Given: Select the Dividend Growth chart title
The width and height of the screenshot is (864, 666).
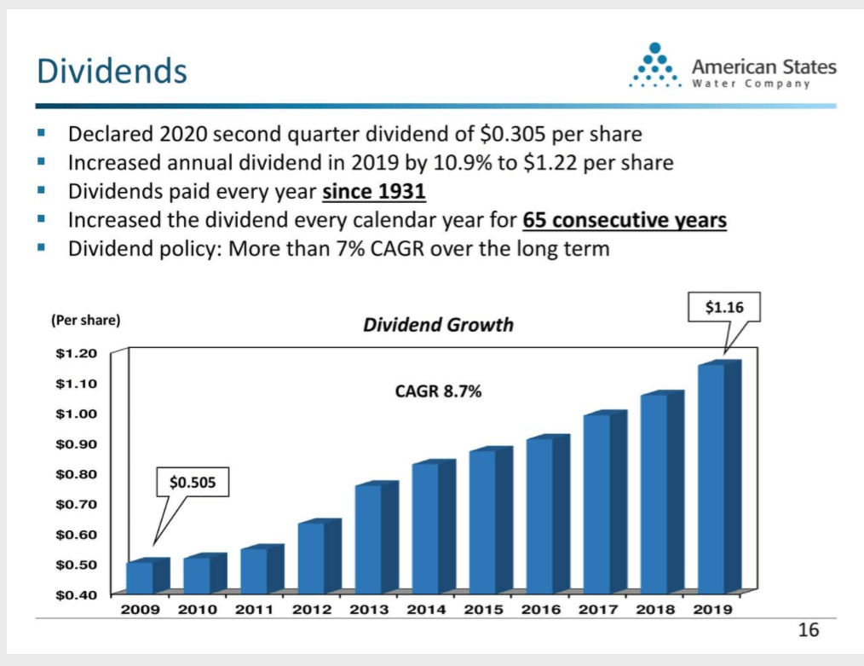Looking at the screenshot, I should (x=438, y=325).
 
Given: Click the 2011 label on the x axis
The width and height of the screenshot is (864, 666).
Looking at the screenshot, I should (x=253, y=610).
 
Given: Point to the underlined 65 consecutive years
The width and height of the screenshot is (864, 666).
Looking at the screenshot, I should (x=624, y=221).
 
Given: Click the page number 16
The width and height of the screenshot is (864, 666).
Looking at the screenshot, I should (x=808, y=630).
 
